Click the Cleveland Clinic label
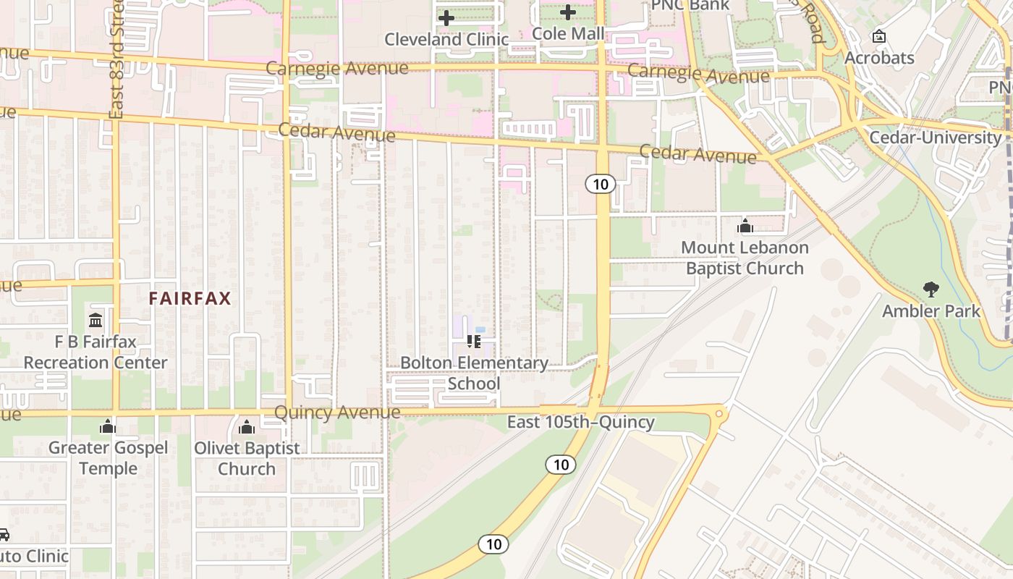(x=446, y=39)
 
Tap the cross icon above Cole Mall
(x=568, y=12)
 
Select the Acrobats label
(x=879, y=58)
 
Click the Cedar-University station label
(x=935, y=138)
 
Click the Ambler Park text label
(x=931, y=311)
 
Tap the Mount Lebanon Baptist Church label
(x=745, y=258)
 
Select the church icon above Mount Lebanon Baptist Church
(x=745, y=227)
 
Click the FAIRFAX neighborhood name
(x=190, y=298)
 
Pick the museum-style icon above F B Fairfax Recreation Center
(x=96, y=320)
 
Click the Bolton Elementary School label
(x=474, y=373)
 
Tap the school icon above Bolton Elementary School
(x=474, y=341)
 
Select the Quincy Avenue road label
(x=337, y=413)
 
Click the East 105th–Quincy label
(x=580, y=422)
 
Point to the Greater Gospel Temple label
(x=108, y=458)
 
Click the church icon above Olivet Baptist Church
(x=247, y=427)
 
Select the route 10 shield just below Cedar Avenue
(x=601, y=184)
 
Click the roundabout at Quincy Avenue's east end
(x=719, y=413)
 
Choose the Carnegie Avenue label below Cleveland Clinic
(x=337, y=68)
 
